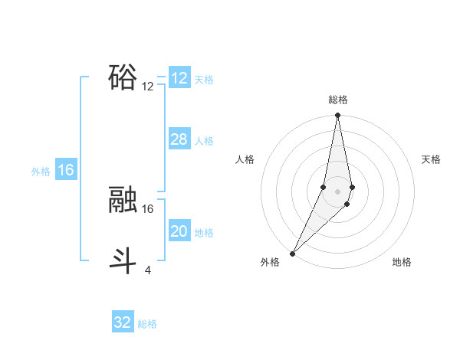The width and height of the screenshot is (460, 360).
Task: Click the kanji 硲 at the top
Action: (123, 77)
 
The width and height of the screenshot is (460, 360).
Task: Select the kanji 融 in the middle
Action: (123, 199)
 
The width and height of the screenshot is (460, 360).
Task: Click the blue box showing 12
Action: (179, 78)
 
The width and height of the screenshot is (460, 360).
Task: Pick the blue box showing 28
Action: (179, 139)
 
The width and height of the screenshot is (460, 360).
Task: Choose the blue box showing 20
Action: (179, 231)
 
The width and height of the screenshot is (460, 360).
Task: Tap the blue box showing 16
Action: (66, 170)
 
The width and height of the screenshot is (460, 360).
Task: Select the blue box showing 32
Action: (123, 322)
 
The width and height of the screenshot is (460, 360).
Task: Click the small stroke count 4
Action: (148, 270)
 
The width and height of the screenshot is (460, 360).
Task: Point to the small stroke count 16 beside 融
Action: (148, 208)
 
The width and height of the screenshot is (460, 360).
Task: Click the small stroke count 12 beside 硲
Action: (148, 87)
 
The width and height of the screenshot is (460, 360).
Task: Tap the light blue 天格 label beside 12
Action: (204, 80)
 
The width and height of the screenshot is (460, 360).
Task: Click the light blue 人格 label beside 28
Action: (204, 141)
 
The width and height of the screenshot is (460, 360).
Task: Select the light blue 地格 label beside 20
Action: (204, 233)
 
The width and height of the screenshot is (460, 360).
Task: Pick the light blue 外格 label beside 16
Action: (41, 172)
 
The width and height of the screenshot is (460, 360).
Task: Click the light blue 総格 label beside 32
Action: (147, 324)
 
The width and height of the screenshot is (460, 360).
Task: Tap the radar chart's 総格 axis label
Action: (338, 100)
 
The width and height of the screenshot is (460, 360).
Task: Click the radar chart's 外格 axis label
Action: (270, 262)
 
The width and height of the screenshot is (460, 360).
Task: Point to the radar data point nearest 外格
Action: (293, 253)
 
